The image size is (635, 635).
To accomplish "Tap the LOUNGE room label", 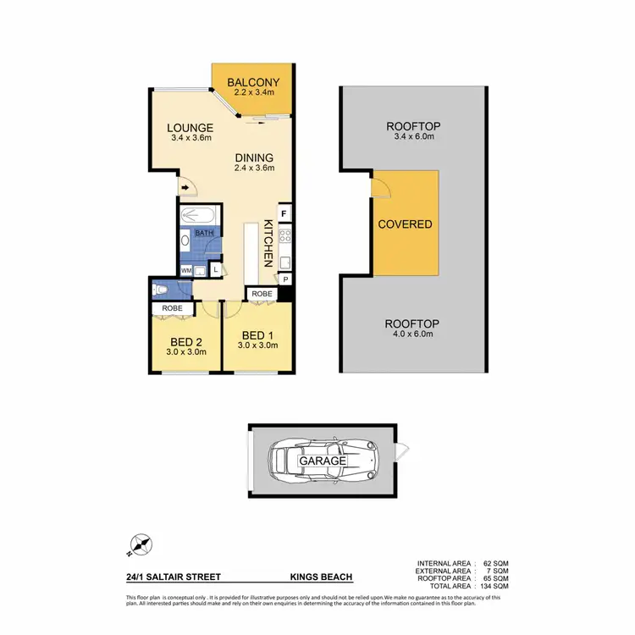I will [189, 128].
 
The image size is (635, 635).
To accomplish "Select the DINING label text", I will [254, 157].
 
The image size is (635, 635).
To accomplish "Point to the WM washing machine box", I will [185, 270].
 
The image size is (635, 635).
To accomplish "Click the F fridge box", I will [284, 213].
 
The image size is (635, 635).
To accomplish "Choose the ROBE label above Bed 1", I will [261, 294].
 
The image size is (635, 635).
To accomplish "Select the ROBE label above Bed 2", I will [173, 308].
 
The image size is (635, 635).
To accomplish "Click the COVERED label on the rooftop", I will [405, 224].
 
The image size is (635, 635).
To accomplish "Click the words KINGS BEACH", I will [321, 577].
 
